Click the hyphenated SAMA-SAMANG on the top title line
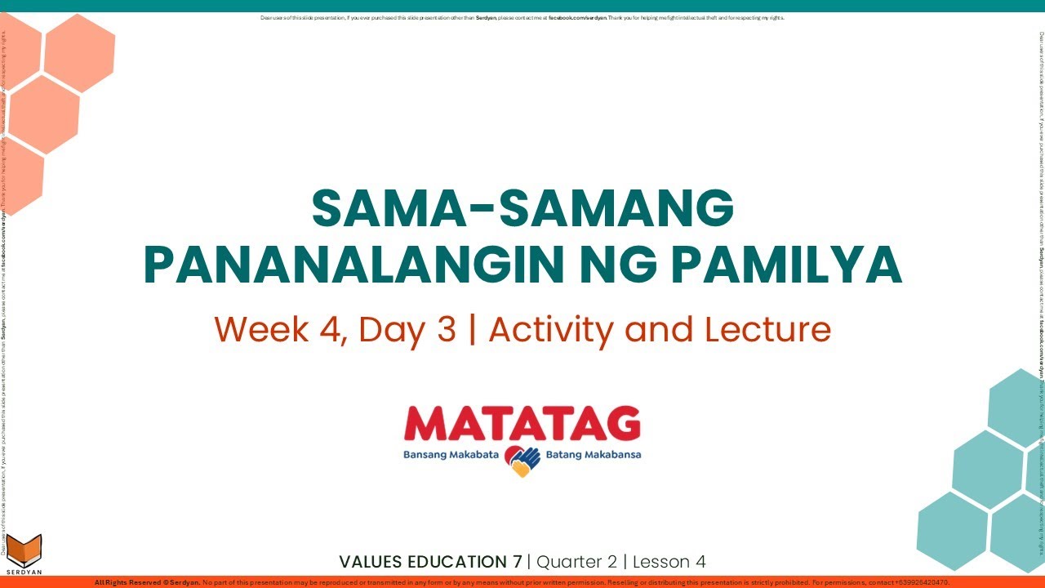(x=522, y=209)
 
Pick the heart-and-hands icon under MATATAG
(x=522, y=461)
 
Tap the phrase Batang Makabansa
(x=594, y=455)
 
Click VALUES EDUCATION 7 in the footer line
(x=430, y=562)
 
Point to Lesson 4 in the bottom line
(x=669, y=562)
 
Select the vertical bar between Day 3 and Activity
(x=472, y=330)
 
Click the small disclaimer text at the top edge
(x=522, y=18)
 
